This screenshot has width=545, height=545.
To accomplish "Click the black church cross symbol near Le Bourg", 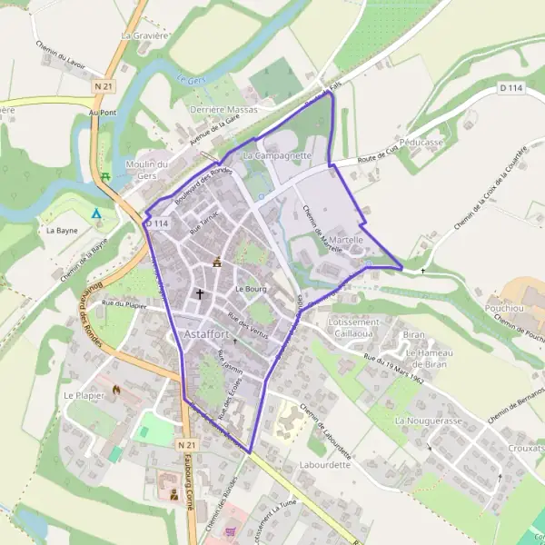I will [x=200, y=294].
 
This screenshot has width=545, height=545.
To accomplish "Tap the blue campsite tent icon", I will [x=96, y=213].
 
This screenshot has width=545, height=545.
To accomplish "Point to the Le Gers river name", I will [x=190, y=79].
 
